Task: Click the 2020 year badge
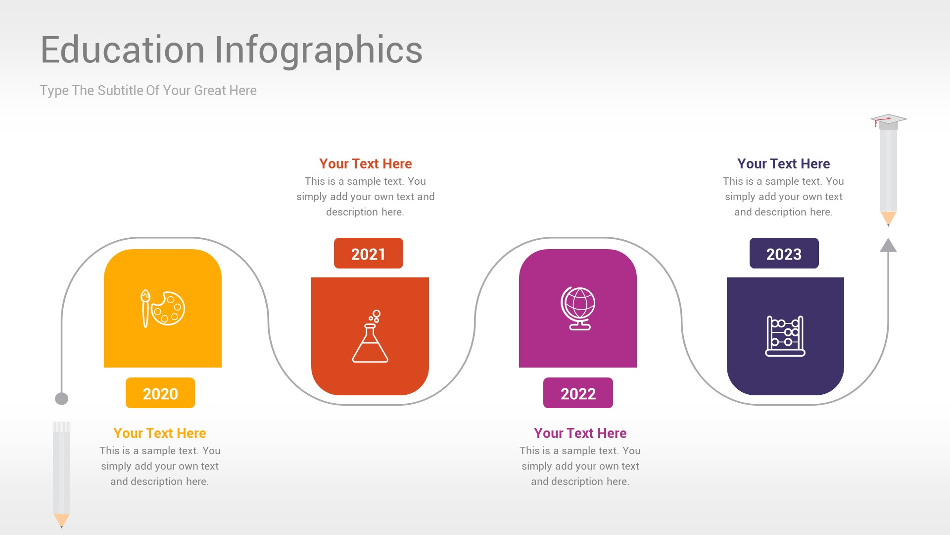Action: pos(160,393)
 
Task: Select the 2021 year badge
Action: pos(368,254)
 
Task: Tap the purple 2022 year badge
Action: pos(578,393)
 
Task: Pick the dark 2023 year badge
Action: pos(784,254)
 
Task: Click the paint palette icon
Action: pos(169,309)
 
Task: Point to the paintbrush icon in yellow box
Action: pos(145,309)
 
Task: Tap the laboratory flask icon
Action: pos(370,338)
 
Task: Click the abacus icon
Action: pos(785,336)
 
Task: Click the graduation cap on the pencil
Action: pos(888,120)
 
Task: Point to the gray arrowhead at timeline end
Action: pos(888,246)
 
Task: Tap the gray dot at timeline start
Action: pos(61,399)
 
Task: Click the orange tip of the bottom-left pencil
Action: pos(61,520)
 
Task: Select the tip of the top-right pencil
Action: pos(888,218)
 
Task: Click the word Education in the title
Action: pos(122,51)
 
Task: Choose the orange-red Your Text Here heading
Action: pos(365,163)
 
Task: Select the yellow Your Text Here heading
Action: pos(159,433)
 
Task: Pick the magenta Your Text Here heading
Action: pos(580,433)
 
